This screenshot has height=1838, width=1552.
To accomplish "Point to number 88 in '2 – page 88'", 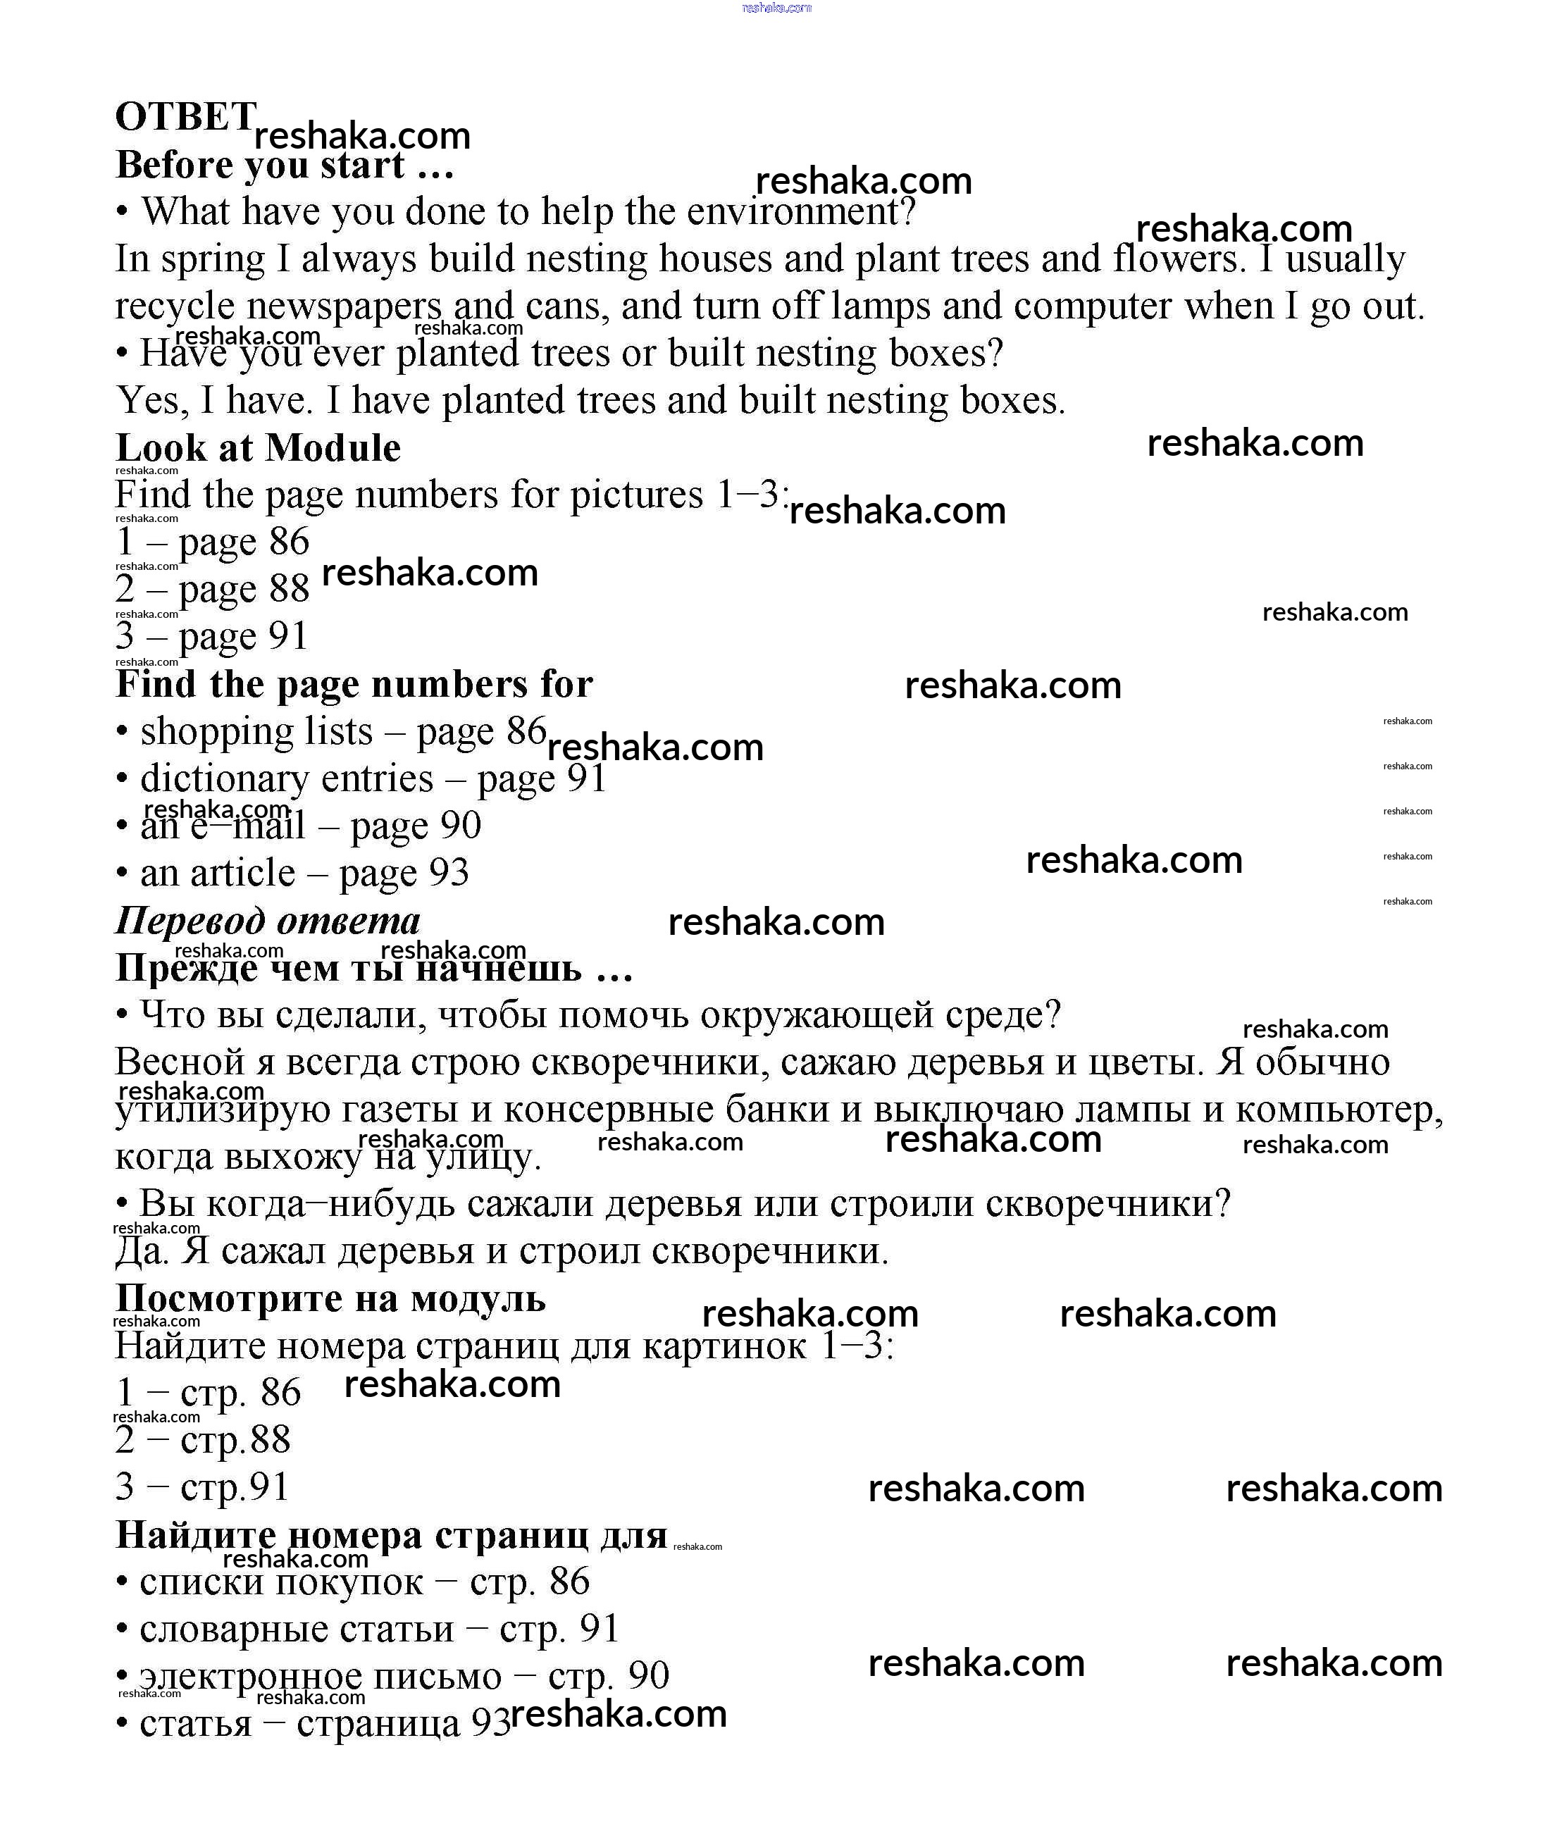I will click(290, 589).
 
